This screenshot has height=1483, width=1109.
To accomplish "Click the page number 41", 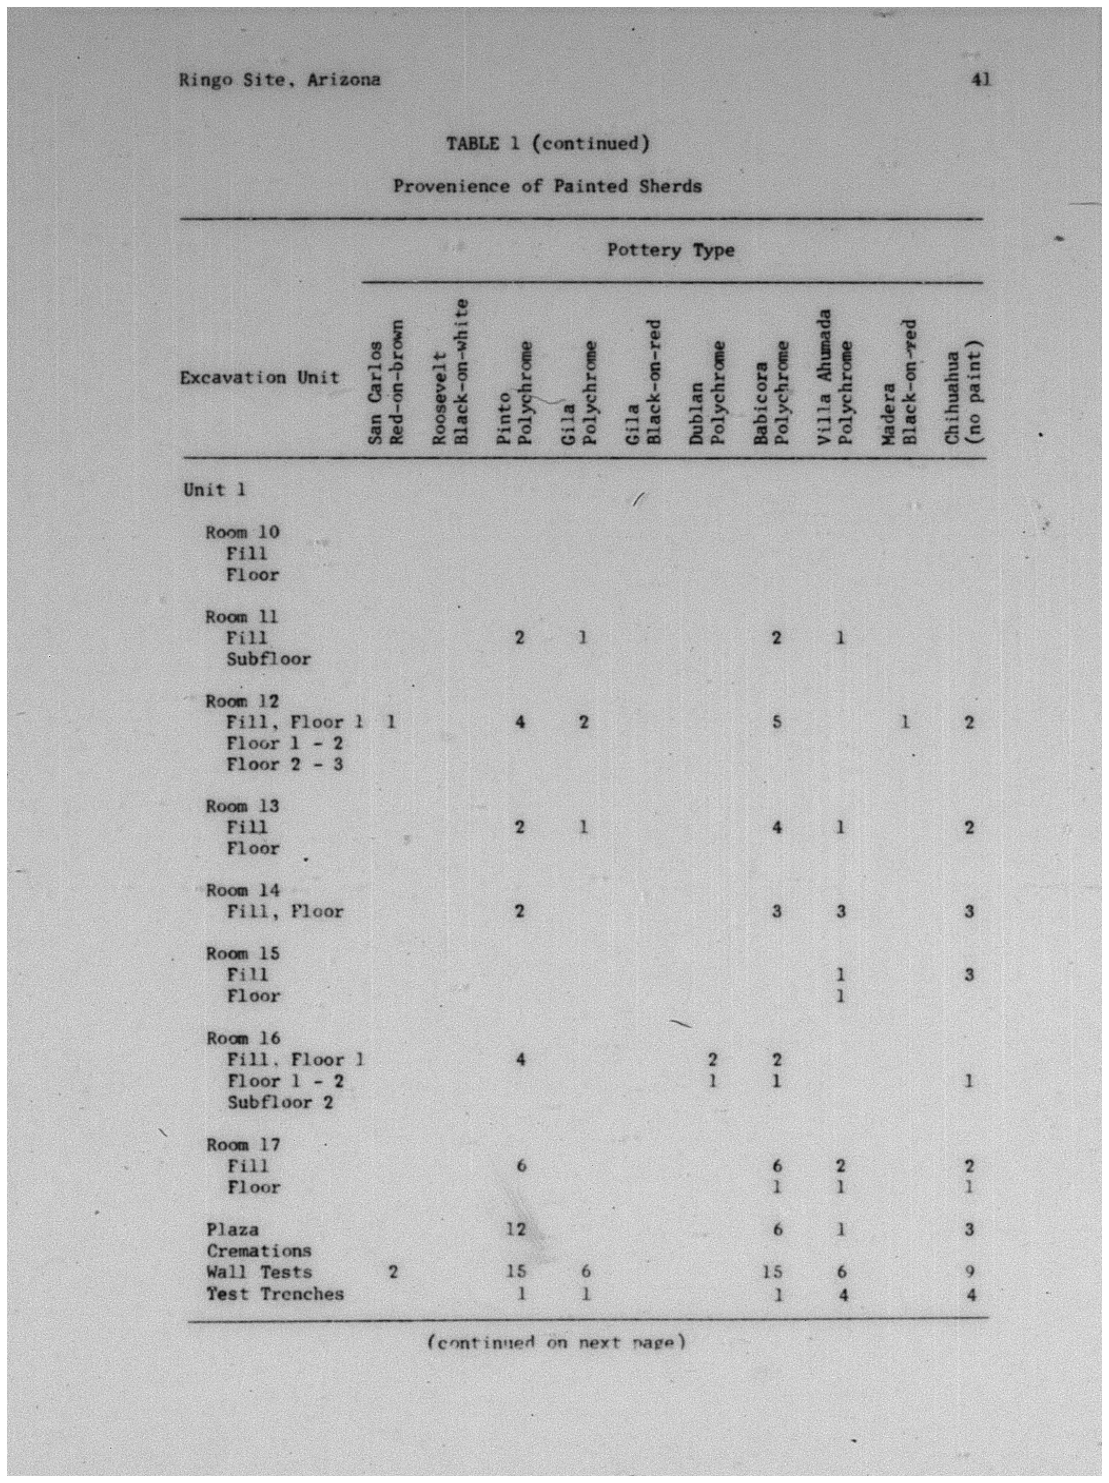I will (x=980, y=80).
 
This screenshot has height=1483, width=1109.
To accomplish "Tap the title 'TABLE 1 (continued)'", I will (x=548, y=143).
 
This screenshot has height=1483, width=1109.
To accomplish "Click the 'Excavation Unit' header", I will (x=259, y=377).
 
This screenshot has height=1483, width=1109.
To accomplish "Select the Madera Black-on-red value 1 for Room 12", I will (x=904, y=722).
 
